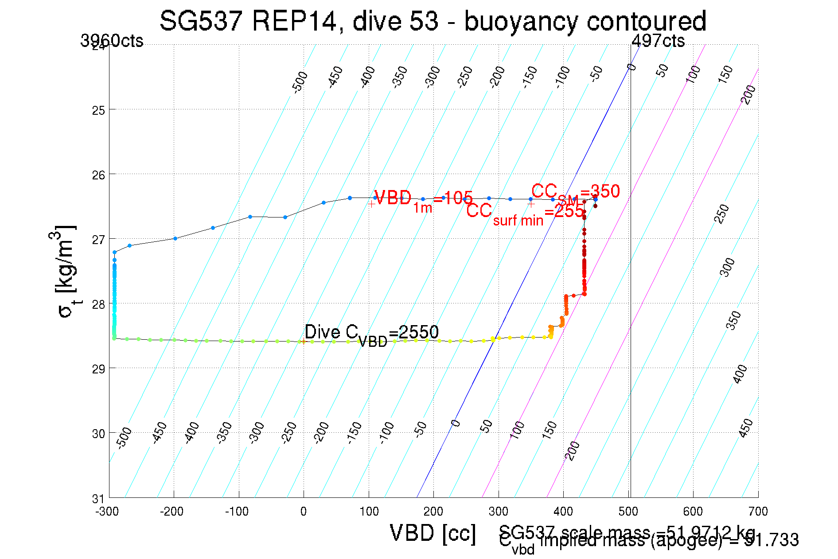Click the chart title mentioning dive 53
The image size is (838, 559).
pos(433,21)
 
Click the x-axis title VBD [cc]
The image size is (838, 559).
pos(433,533)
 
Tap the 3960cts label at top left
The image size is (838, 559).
pos(112,41)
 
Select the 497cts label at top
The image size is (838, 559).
pos(658,41)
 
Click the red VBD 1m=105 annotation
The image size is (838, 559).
pos(423,199)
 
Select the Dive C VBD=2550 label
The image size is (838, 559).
pos(371,333)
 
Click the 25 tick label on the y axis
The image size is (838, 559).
pos(98,110)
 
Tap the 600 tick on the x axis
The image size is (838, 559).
pos(693,512)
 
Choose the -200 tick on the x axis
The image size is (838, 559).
pos(171,512)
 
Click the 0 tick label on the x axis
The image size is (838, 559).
pos(303,512)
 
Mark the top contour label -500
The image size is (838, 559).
pos(300,82)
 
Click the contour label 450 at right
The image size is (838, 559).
pos(746,428)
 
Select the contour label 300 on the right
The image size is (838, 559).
pos(727,267)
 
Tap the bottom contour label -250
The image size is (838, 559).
pos(289,432)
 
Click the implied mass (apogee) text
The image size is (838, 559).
pos(669,541)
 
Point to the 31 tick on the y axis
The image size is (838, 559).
pos(98,499)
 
